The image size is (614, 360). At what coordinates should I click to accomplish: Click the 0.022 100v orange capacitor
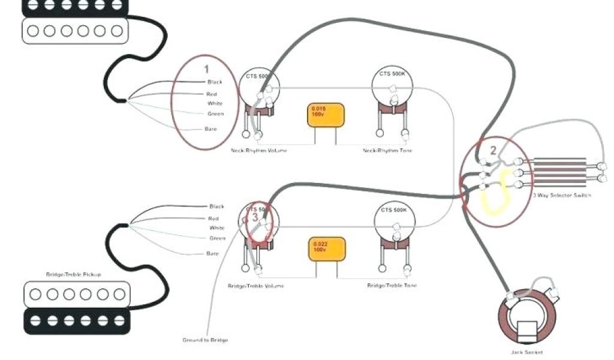tap(327, 248)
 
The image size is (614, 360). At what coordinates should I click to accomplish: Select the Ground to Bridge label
tap(205, 340)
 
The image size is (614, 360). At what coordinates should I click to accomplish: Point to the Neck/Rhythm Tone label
tap(387, 150)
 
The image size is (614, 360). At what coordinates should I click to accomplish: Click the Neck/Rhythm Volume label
tap(258, 150)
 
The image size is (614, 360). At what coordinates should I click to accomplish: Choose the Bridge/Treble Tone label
tap(392, 286)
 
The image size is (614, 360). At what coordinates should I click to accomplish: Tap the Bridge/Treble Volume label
tap(256, 286)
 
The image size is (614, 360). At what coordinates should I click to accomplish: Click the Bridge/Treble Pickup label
tap(74, 274)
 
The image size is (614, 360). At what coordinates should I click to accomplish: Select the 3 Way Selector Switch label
tap(562, 196)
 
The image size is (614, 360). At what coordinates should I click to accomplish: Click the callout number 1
tap(206, 69)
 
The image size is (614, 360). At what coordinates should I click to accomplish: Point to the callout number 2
tap(493, 151)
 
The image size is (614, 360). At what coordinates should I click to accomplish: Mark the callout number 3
tap(255, 217)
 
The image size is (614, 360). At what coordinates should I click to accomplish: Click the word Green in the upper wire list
tap(216, 114)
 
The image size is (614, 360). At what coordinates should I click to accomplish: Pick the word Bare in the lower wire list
tap(213, 253)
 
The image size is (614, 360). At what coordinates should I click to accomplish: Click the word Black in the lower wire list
tap(216, 206)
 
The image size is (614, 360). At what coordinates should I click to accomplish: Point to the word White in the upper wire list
tap(215, 104)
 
